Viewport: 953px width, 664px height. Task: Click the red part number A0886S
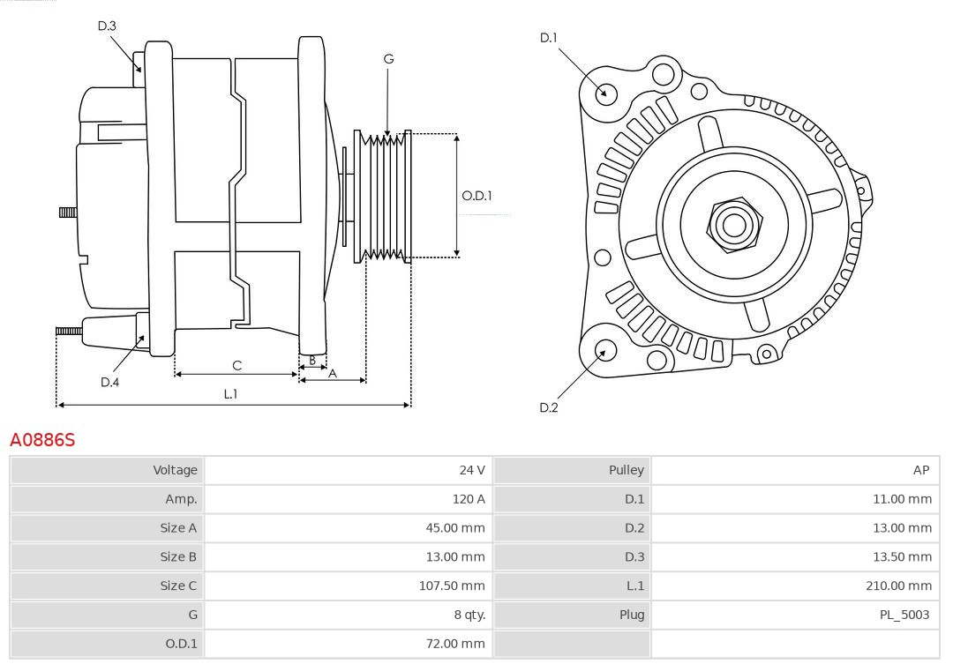tap(42, 439)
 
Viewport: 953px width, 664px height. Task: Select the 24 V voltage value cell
tap(472, 470)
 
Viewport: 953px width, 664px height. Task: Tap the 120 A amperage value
tap(468, 499)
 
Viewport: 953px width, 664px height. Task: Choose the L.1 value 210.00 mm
tap(898, 586)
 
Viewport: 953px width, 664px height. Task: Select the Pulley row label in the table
tap(626, 470)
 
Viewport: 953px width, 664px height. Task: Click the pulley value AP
tap(920, 470)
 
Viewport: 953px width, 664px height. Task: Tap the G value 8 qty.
tap(469, 615)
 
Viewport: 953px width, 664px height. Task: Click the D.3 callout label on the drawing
tap(107, 26)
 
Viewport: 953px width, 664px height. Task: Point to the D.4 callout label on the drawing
tap(109, 382)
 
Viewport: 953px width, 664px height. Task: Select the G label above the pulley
tap(388, 59)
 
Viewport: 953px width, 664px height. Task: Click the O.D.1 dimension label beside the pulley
tap(476, 196)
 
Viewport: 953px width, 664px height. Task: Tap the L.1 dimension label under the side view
tap(230, 394)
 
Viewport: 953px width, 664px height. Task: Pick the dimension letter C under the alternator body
tap(236, 365)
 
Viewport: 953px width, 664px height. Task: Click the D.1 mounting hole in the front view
tap(606, 92)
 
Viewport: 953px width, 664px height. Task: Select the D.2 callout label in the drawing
tap(549, 407)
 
